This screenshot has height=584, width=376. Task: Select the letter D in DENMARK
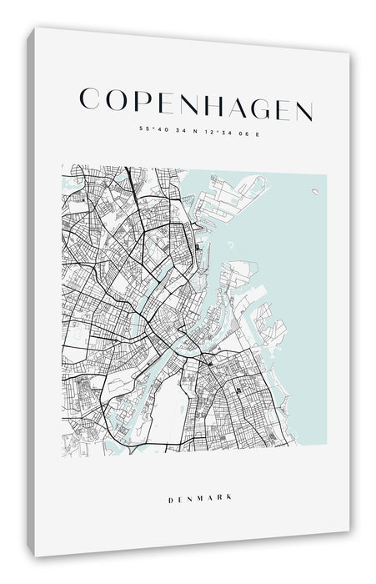(170, 475)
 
